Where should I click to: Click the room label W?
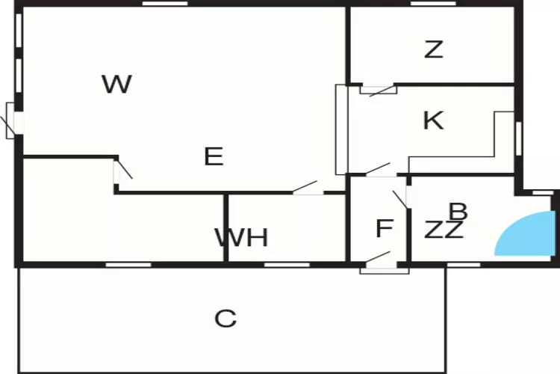click(x=117, y=84)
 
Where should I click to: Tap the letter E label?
click(x=214, y=156)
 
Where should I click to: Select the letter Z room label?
click(x=433, y=50)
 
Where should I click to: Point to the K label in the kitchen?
click(x=433, y=120)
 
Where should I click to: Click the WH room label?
click(x=241, y=238)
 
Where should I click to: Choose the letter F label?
click(x=384, y=228)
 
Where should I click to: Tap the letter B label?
click(x=458, y=212)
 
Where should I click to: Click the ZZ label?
click(x=444, y=230)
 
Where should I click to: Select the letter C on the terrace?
click(x=225, y=319)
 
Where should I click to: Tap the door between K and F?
click(x=378, y=170)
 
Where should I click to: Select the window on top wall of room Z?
click(x=433, y=4)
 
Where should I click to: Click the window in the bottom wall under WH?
click(x=287, y=264)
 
